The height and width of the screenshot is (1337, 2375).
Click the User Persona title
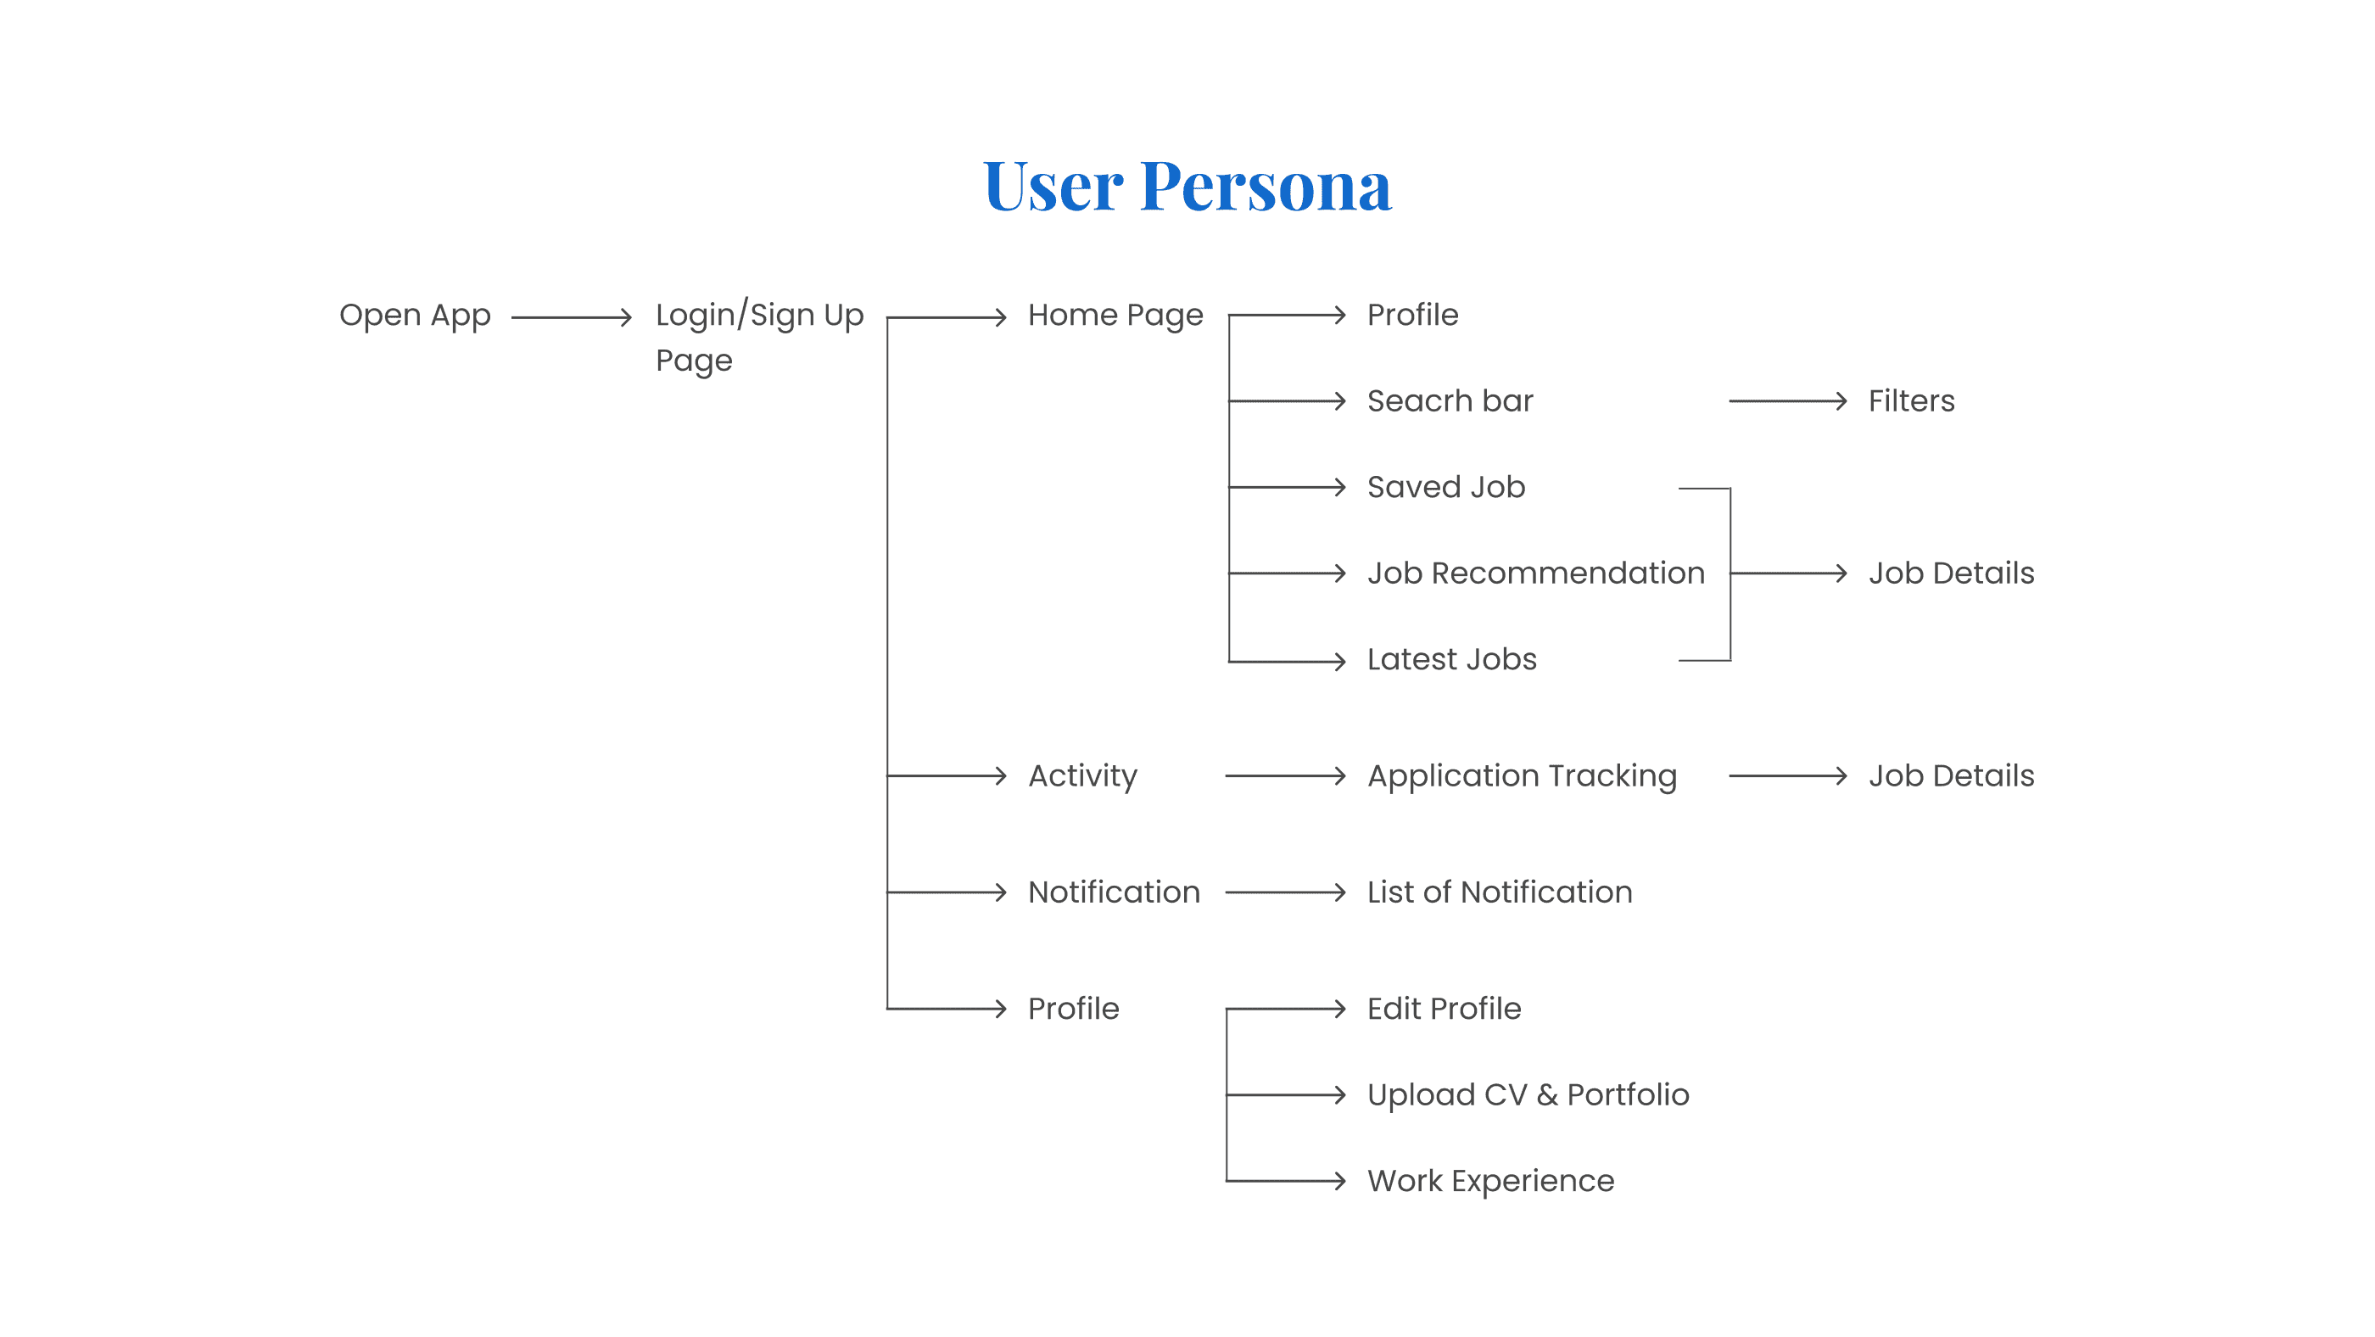[1187, 187]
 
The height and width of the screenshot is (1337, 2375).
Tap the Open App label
[415, 316]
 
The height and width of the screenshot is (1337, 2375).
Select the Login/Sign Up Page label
[759, 337]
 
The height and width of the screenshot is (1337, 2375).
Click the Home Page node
[1115, 316]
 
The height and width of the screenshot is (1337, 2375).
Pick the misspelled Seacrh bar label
[1450, 401]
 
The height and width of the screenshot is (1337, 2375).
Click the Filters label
[1911, 401]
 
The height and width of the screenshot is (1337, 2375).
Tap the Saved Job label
[1445, 487]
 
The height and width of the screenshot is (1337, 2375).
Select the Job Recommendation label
[1535, 573]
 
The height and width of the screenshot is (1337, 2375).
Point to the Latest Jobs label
[1451, 659]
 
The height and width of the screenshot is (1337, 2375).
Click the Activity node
[1082, 776]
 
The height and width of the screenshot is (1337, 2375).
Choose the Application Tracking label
[1521, 776]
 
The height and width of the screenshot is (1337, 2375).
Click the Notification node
[1114, 892]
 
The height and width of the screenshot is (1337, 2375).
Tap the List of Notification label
[1499, 892]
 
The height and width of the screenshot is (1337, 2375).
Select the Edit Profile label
[1444, 1009]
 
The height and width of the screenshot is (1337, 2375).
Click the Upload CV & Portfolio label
[1528, 1094]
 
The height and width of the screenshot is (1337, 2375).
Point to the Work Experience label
[1490, 1181]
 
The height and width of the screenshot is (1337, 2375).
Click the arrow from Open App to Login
[572, 317]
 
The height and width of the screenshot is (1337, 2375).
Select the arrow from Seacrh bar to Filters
[1787, 401]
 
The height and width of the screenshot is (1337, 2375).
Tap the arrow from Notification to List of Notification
[1284, 892]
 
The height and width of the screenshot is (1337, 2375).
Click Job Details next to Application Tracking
[1951, 776]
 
